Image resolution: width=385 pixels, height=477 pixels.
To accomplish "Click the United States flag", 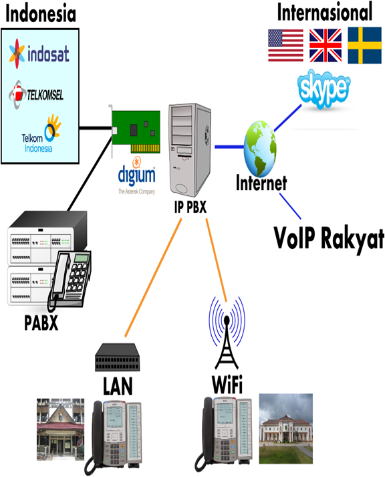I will tap(285, 45).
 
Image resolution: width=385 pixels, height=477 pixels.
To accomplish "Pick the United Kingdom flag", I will tap(325, 45).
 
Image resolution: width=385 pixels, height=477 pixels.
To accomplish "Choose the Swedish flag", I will tap(364, 45).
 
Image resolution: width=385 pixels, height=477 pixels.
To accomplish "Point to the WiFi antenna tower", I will tap(227, 330).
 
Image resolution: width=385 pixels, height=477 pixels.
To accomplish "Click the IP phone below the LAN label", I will tap(118, 434).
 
